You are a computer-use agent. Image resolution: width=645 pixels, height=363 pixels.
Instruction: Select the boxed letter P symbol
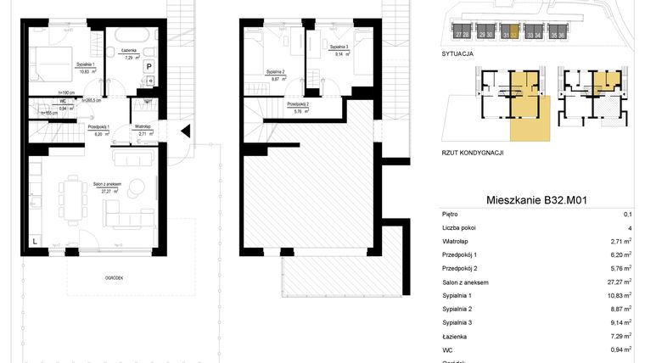click(149, 65)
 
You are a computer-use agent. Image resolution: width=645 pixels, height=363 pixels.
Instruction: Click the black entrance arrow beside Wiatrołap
click(186, 130)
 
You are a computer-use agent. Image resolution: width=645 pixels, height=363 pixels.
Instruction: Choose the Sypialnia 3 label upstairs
click(338, 49)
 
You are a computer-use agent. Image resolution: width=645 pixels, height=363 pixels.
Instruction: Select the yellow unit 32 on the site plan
click(510, 35)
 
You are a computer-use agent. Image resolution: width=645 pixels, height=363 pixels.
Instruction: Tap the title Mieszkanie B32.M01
click(537, 200)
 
